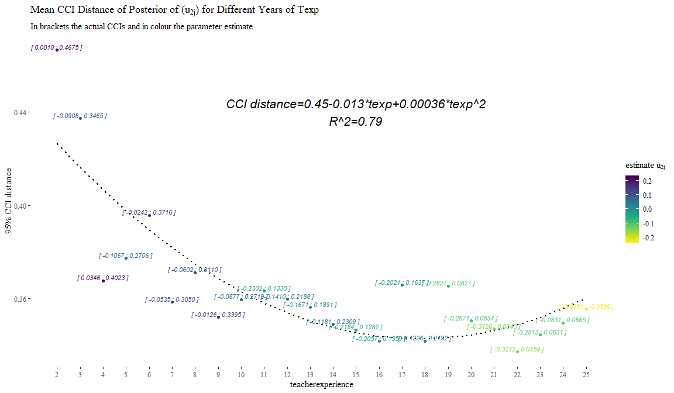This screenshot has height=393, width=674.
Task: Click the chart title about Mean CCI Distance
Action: tap(174, 11)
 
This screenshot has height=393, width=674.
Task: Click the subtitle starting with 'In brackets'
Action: tap(142, 27)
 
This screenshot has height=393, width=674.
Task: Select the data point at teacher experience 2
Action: tap(57, 50)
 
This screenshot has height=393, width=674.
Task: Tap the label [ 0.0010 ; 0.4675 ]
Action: tap(57, 47)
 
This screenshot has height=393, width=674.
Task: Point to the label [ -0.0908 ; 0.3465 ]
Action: tap(80, 116)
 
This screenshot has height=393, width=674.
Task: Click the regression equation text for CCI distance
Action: tap(356, 105)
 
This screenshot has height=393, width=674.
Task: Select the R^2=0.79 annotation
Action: tap(356, 122)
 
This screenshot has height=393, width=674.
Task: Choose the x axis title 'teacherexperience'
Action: tap(321, 385)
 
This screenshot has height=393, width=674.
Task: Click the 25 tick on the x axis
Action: tap(586, 374)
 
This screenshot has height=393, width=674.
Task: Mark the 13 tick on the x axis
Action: tap(310, 374)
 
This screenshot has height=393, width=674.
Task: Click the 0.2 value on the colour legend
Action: tap(648, 181)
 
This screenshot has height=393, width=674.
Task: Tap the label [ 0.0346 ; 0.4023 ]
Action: tap(103, 278)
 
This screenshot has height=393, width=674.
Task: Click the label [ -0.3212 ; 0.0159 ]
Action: tap(517, 349)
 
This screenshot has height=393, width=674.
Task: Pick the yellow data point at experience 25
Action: tap(586, 309)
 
